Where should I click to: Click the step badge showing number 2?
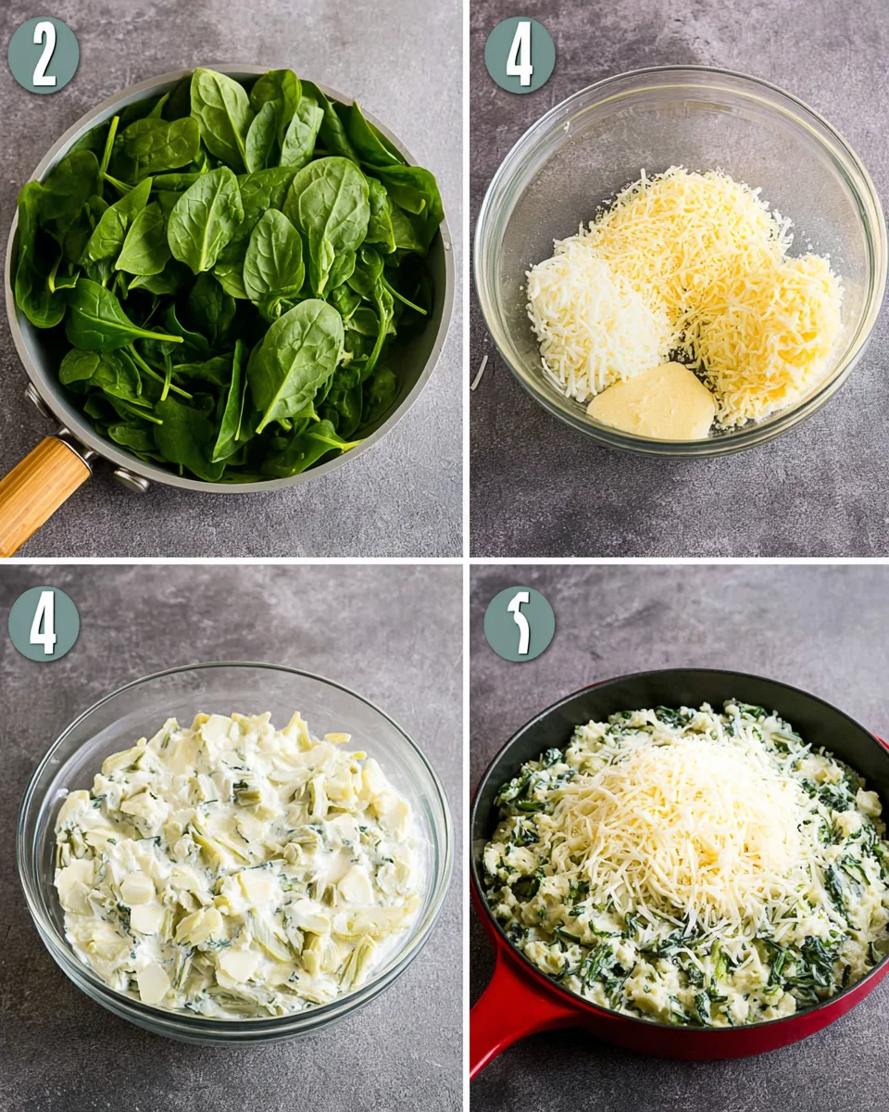44,56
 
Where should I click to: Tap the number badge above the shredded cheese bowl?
520,56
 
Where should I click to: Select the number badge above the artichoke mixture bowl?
44,624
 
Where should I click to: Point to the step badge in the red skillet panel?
520,624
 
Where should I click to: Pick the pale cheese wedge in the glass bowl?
652,402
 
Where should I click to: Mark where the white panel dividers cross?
466,561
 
